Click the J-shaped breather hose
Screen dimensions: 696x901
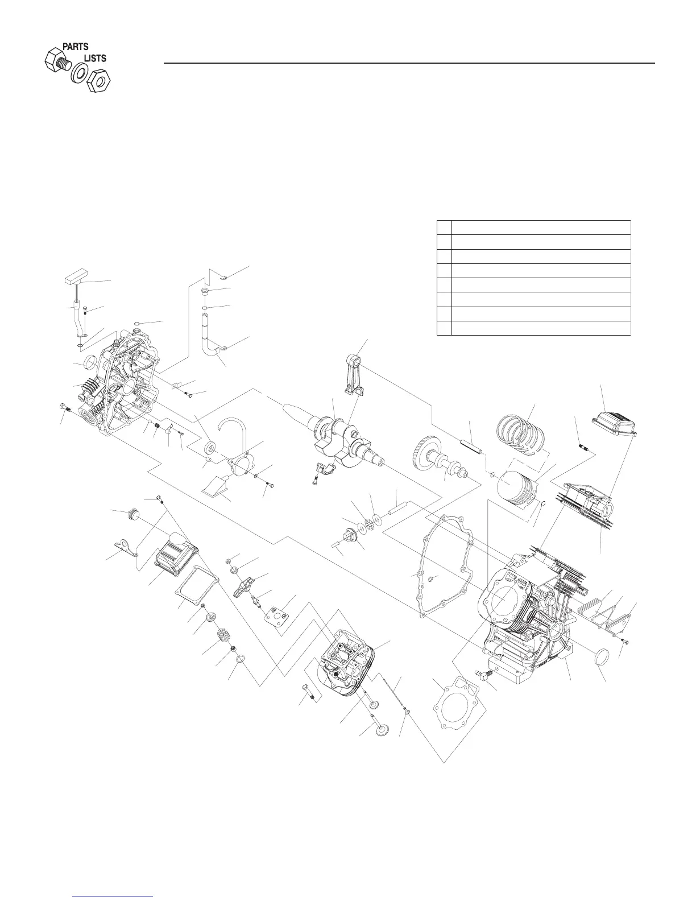click(210, 341)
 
